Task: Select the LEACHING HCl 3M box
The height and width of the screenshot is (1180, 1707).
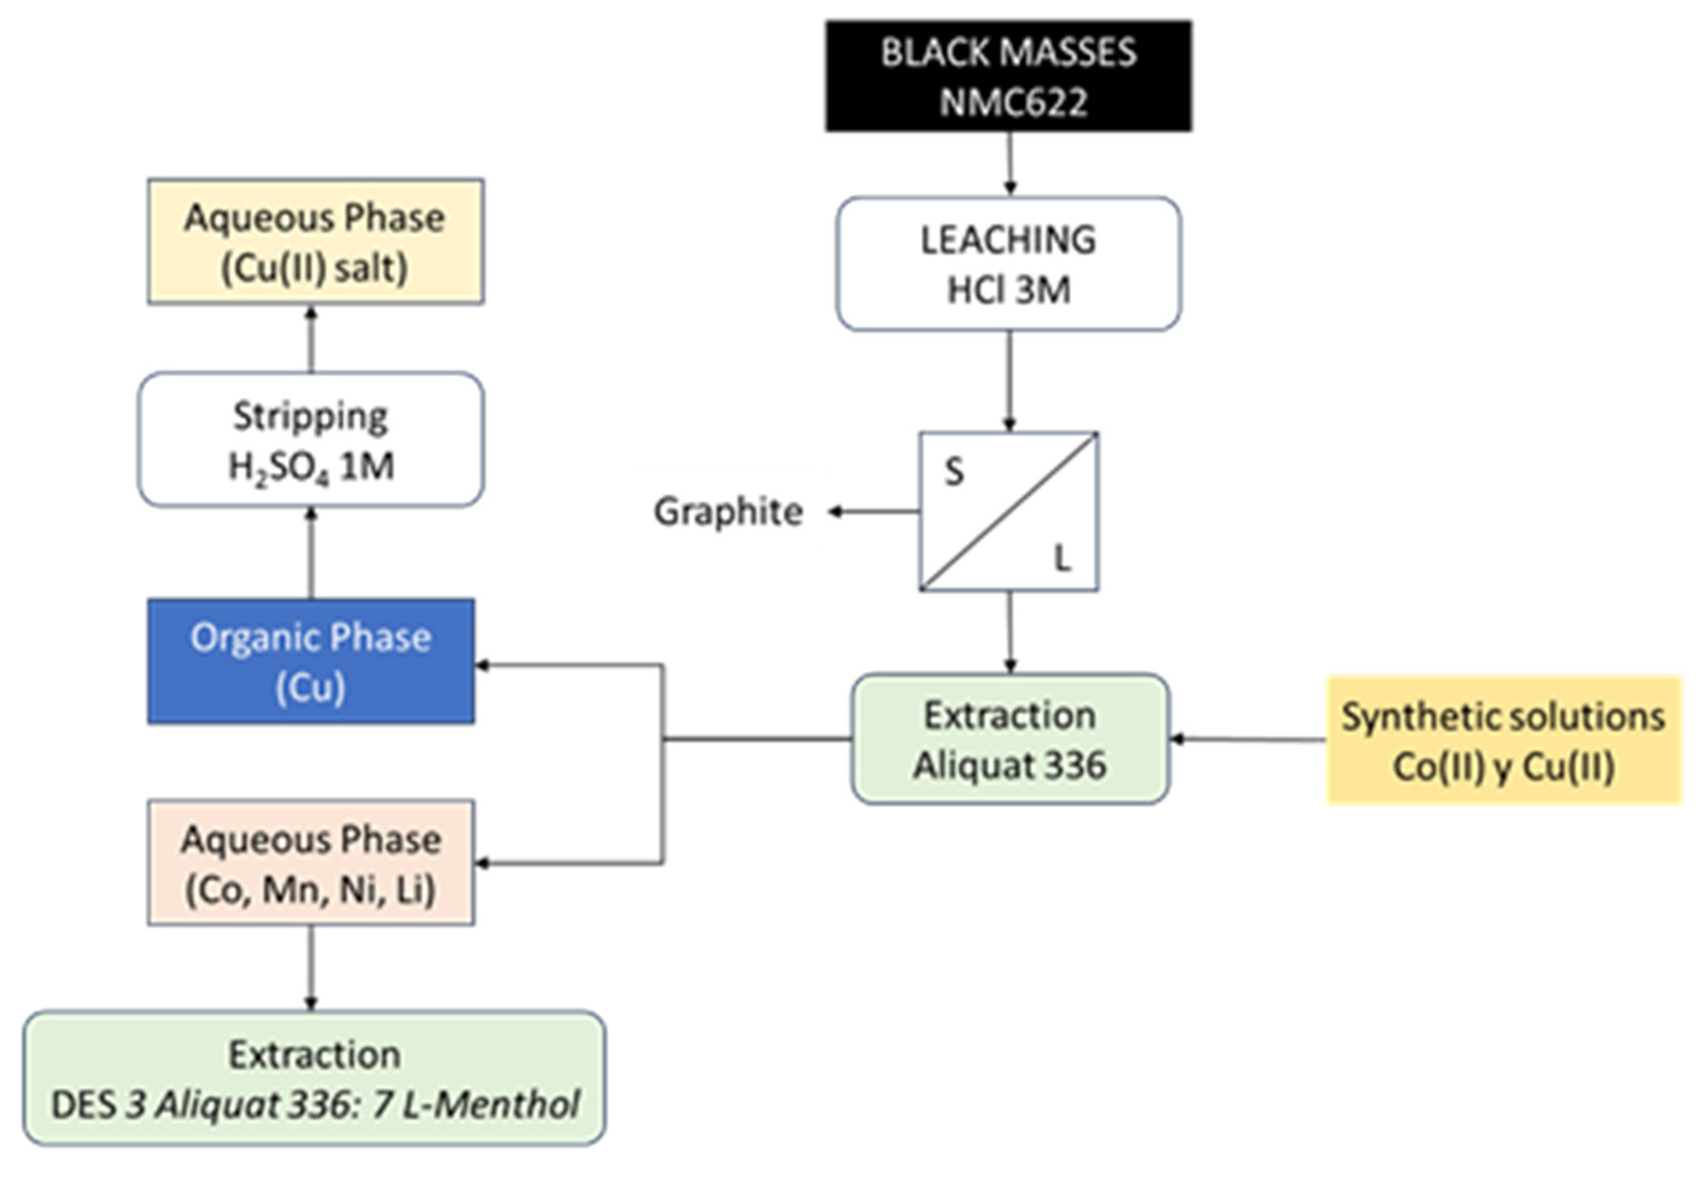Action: tap(1008, 263)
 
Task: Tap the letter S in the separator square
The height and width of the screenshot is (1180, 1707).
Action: tap(954, 471)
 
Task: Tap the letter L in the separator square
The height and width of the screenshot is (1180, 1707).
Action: tap(1061, 558)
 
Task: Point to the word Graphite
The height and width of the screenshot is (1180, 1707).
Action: tap(728, 512)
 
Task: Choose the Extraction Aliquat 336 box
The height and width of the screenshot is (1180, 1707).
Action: tap(1010, 739)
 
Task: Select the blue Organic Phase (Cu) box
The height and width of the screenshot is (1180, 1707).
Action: tap(310, 661)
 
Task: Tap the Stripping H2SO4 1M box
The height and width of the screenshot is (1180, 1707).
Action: tap(310, 440)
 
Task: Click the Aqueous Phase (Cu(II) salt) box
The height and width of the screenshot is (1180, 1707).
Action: tap(315, 241)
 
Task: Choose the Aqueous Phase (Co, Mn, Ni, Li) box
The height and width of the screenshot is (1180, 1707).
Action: tap(310, 862)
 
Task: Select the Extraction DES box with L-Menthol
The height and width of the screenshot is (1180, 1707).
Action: tap(314, 1078)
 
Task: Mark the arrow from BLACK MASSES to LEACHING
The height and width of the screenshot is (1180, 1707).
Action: tap(1010, 163)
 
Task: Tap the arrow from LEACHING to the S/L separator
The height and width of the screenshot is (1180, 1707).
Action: tap(1010, 380)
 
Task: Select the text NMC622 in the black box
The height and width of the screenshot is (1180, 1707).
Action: tap(1013, 101)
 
